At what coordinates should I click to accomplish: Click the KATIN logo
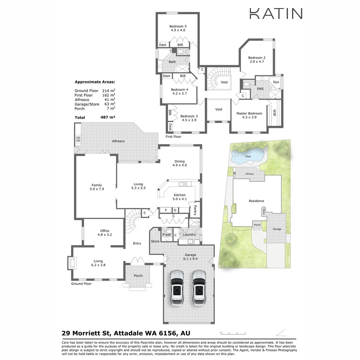tap(276, 14)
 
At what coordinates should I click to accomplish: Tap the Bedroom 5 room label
tap(178, 26)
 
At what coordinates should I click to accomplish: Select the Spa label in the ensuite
tap(276, 82)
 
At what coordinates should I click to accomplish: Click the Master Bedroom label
tap(249, 113)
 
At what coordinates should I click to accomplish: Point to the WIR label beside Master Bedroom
tap(275, 112)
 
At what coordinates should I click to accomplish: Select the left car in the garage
tap(177, 287)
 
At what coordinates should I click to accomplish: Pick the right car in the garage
tap(199, 287)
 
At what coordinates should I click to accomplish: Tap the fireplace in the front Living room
tap(71, 263)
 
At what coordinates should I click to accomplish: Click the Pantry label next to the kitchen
tap(195, 210)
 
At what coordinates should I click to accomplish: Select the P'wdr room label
tap(166, 235)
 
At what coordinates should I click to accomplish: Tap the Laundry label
tap(189, 235)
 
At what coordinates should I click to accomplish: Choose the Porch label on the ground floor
tap(138, 276)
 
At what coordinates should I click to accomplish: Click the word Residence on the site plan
tap(256, 201)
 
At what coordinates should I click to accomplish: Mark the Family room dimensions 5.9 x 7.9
tap(97, 189)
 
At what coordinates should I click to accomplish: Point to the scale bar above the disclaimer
tap(233, 333)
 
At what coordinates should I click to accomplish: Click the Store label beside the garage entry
tap(155, 241)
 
